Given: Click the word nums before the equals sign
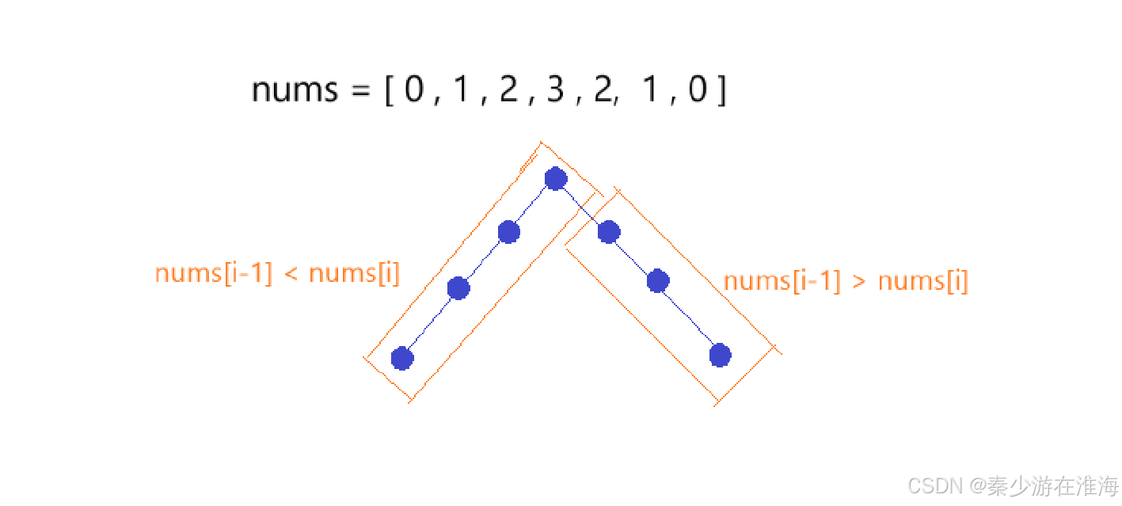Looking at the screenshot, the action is click(294, 91).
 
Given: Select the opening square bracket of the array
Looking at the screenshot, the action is click(389, 91).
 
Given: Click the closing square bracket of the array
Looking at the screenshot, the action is click(720, 91).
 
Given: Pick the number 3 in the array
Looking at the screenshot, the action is click(555, 91).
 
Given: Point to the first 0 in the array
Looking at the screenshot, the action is click(414, 91).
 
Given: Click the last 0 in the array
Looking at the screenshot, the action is click(697, 91).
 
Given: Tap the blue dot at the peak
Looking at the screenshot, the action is click(556, 179).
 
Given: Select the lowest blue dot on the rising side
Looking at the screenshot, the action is click(403, 358).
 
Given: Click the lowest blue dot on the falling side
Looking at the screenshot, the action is click(719, 356).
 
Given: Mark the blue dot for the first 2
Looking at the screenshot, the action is click(508, 232).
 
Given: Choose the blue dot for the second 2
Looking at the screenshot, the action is click(608, 232).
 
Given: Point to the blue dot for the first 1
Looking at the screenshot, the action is click(458, 288).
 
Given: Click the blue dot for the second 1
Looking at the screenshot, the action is click(658, 280).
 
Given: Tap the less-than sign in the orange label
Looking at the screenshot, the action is click(289, 275).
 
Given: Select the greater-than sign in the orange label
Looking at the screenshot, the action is click(858, 282).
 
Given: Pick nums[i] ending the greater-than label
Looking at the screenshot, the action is click(922, 281).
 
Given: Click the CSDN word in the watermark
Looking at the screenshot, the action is click(933, 485).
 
